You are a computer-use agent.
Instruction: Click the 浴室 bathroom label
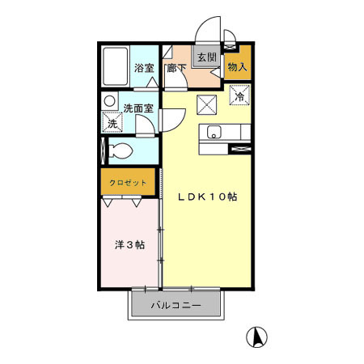[x=144, y=68]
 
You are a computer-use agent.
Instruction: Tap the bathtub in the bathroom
[x=116, y=66]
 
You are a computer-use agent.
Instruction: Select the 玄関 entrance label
[x=207, y=57]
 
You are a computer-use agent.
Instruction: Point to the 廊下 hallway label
[x=176, y=68]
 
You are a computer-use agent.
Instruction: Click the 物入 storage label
[x=237, y=67]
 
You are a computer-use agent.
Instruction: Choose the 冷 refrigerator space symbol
[x=239, y=95]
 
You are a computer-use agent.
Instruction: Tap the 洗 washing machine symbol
[x=112, y=123]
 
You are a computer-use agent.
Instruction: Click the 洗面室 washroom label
[x=138, y=108]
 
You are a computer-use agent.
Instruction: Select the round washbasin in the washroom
[x=110, y=101]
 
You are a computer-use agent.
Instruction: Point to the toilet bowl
[x=121, y=150]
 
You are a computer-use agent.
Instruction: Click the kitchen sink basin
[x=214, y=132]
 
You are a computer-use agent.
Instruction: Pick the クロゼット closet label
[x=128, y=183]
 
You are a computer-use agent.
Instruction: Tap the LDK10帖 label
[x=207, y=197]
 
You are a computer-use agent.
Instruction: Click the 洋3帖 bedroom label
[x=129, y=245]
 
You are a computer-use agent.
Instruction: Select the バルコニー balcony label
[x=176, y=306]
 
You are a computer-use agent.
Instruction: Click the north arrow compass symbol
[x=256, y=337]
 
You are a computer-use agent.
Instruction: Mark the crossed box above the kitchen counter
[x=207, y=105]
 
